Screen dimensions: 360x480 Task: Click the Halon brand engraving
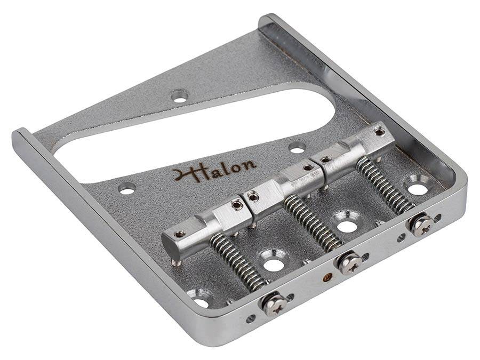(x=214, y=170)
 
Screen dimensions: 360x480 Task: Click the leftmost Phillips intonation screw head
(x=274, y=305)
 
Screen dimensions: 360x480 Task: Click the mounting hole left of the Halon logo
(x=127, y=188)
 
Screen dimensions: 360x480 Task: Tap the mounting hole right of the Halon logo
(x=297, y=147)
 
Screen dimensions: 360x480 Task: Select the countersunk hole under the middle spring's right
(x=347, y=225)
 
